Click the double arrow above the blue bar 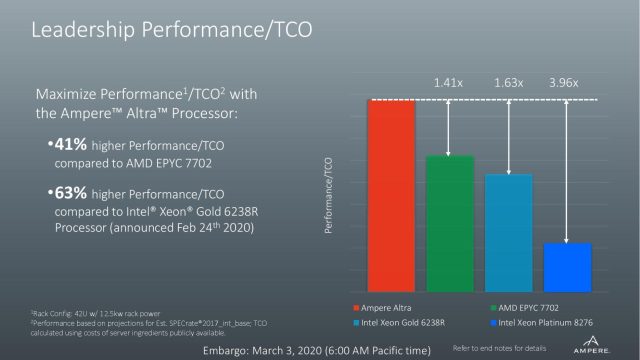[567, 170]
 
